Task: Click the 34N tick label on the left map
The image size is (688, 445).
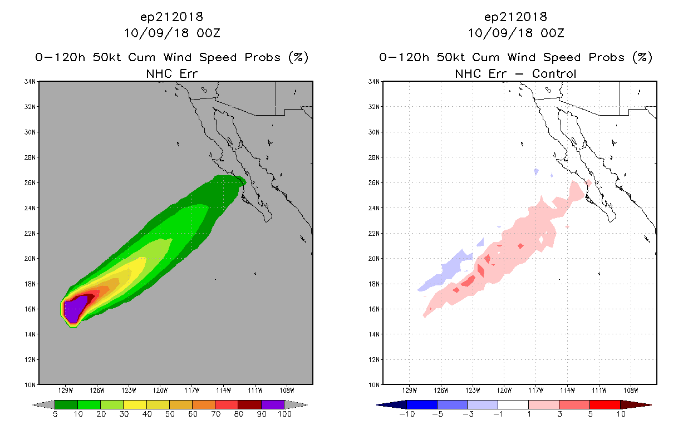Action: click(x=30, y=81)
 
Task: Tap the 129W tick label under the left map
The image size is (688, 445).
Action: click(x=66, y=390)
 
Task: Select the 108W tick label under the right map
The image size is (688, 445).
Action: click(x=631, y=390)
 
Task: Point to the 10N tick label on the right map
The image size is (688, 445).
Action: click(x=374, y=385)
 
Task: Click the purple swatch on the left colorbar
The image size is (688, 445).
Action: click(x=273, y=404)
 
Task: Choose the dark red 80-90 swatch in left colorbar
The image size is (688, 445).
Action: click(x=250, y=404)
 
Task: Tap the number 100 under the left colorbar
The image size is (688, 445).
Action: click(x=284, y=414)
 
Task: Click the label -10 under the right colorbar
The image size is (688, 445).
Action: click(x=407, y=414)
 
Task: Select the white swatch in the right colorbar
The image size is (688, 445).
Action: click(x=513, y=404)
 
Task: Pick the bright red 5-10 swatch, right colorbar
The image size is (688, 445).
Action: click(x=605, y=404)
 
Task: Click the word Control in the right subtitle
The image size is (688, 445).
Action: click(x=554, y=73)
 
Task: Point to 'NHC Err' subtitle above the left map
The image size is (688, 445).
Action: click(x=171, y=73)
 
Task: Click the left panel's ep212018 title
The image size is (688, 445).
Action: click(x=171, y=17)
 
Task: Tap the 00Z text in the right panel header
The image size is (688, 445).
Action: click(x=552, y=33)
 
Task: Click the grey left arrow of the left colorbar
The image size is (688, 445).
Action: click(x=43, y=404)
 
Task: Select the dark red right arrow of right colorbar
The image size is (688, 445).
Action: click(x=636, y=405)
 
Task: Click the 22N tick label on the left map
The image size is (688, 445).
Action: click(x=30, y=233)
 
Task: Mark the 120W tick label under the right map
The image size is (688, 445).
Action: click(x=504, y=390)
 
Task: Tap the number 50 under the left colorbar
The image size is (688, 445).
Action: click(x=170, y=414)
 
